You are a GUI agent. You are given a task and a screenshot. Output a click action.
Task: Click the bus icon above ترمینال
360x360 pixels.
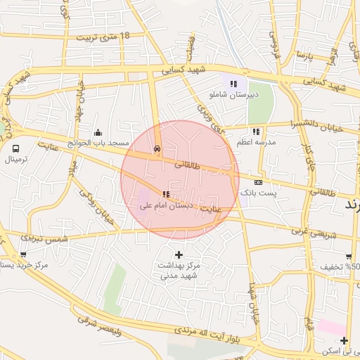(x=15, y=148)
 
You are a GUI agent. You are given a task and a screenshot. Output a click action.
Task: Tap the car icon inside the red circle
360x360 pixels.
(x=157, y=149)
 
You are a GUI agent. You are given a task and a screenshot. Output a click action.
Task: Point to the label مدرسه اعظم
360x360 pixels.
(x=256, y=142)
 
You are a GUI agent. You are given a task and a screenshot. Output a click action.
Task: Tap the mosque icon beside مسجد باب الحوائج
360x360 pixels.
(x=98, y=132)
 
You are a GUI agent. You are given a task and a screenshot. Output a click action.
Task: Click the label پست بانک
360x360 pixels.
(x=259, y=192)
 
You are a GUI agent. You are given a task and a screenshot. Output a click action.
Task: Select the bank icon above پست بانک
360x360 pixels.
(x=258, y=181)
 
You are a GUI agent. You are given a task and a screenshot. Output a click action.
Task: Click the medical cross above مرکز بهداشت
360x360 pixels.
(x=179, y=255)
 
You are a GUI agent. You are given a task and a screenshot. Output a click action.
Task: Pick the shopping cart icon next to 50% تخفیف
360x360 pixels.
(x=349, y=257)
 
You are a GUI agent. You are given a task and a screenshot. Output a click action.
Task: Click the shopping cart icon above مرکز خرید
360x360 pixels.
(x=23, y=255)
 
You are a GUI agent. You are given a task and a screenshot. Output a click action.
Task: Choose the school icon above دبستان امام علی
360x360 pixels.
(x=165, y=194)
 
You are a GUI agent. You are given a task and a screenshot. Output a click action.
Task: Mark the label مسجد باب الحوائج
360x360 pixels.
(x=104, y=143)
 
